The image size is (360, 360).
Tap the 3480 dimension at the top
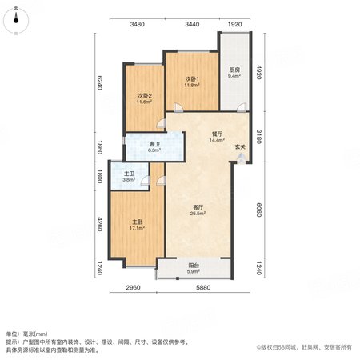(x=138, y=24)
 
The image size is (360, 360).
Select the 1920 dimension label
(x=234, y=24)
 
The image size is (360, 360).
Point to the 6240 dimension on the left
(x=99, y=82)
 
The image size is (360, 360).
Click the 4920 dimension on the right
(x=258, y=72)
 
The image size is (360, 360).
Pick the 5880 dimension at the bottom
(x=203, y=287)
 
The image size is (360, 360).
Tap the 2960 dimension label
(x=133, y=287)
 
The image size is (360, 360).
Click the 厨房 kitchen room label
(x=234, y=70)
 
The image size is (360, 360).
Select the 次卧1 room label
(x=192, y=79)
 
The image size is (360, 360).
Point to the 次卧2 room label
(x=145, y=96)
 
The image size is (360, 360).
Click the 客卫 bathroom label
(x=154, y=144)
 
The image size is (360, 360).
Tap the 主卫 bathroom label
(x=129, y=174)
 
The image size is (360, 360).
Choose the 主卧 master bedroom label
(x=137, y=222)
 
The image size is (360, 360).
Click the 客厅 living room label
(x=198, y=207)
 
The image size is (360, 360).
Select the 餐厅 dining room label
(x=217, y=134)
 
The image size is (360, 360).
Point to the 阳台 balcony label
(x=194, y=266)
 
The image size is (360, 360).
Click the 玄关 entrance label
(x=240, y=146)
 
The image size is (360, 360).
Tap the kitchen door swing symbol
(x=242, y=107)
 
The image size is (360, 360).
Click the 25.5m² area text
(x=198, y=214)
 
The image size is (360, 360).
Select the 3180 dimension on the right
(x=258, y=136)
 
